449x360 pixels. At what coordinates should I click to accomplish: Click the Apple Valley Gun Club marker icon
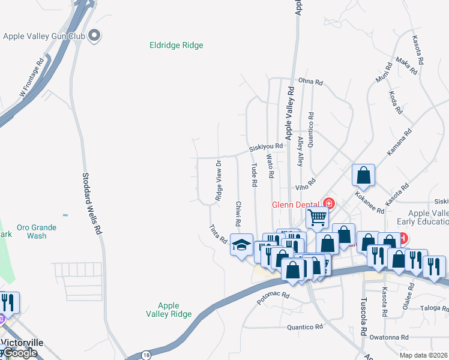pos(94,36)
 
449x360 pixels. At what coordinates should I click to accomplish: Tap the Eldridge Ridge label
pos(176,45)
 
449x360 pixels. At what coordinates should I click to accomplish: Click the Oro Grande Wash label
pos(36,232)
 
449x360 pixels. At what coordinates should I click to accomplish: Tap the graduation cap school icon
pos(241,245)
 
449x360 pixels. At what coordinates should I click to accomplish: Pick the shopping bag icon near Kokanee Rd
pos(363,175)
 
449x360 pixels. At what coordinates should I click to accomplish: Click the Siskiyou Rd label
pos(266,146)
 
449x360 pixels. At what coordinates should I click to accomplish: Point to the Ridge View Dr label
pos(219,180)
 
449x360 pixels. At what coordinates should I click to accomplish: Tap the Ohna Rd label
pos(311,82)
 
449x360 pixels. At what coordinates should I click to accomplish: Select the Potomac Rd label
pos(273,296)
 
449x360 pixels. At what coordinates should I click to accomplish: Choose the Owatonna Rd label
pos(388,337)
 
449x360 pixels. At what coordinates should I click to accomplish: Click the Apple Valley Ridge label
pos(169,310)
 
